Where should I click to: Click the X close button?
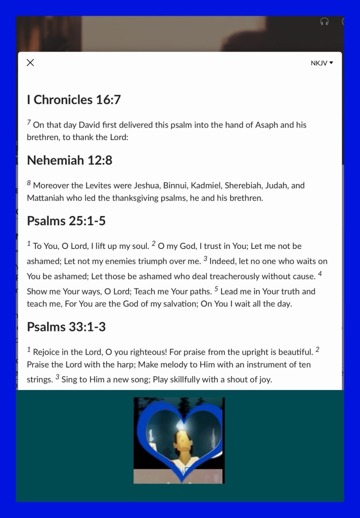30,63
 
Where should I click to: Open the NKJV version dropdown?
322,63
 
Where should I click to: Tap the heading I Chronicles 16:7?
74,100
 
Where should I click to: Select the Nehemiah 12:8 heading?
69,160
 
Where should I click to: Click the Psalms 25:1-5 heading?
66,221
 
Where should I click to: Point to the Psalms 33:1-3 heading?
66,327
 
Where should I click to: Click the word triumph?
152,261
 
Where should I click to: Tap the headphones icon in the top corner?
325,21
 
